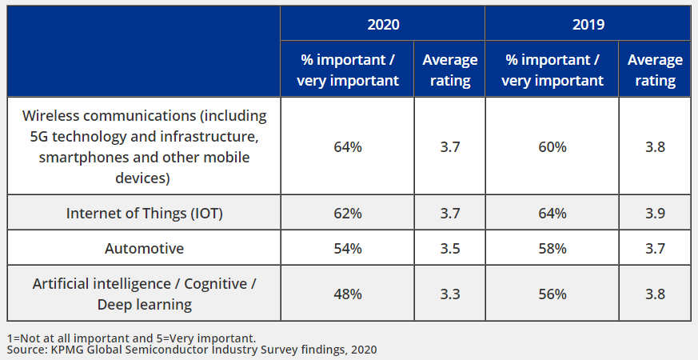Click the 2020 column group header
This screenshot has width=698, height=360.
[383, 25]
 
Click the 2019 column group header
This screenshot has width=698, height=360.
[588, 25]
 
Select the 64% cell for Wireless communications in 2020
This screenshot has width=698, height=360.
[348, 147]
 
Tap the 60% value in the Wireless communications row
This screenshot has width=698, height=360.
[552, 147]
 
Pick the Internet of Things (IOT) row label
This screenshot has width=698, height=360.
[144, 214]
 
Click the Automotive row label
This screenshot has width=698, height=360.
[144, 249]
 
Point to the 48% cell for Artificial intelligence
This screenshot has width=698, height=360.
[348, 294]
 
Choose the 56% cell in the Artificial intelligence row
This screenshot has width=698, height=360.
[552, 294]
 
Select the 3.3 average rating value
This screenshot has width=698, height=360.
[449, 294]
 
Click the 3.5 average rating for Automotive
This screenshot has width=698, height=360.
[449, 249]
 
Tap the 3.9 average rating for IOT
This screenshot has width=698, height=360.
[655, 214]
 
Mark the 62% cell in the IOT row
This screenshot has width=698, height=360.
[348, 214]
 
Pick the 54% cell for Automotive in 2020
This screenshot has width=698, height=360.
[348, 249]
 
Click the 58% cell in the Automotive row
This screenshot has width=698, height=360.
[552, 249]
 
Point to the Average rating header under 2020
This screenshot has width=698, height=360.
[449, 70]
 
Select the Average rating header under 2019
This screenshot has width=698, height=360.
[655, 70]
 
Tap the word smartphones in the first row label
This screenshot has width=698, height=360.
[77, 158]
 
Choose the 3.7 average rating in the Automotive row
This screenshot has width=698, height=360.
[655, 249]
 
